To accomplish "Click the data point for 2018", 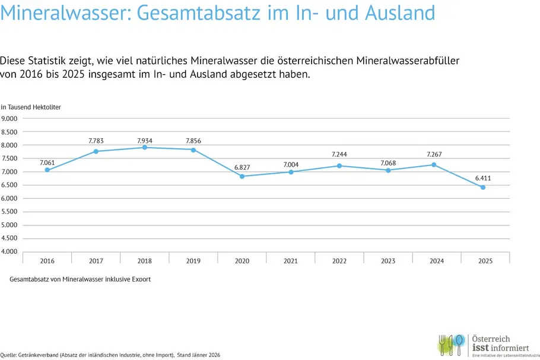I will (x=144, y=147).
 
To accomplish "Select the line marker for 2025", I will (x=483, y=187).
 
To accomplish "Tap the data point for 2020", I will (x=242, y=176).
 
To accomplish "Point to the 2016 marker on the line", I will (x=47, y=170).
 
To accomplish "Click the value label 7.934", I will (x=144, y=141).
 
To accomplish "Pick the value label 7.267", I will (x=434, y=154).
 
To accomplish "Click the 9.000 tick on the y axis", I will (x=11, y=119).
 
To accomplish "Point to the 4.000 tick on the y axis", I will (x=11, y=252).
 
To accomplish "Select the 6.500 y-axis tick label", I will (x=11, y=185).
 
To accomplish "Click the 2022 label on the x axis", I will (x=339, y=261).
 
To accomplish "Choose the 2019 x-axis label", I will (x=193, y=261).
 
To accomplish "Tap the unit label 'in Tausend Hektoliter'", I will (x=31, y=107).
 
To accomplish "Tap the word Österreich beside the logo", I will (x=490, y=339).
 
